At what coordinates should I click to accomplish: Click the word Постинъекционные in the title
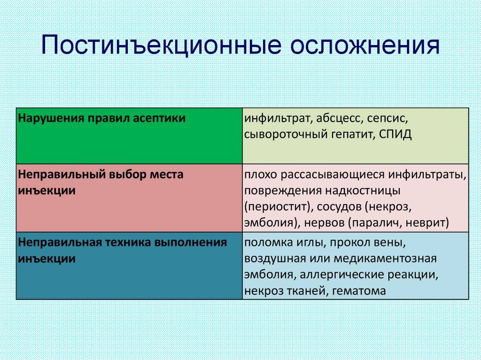(162, 46)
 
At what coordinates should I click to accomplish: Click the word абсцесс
(338, 118)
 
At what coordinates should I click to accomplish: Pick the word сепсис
(388, 119)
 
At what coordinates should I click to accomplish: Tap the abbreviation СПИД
(395, 134)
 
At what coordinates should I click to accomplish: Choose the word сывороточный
(287, 135)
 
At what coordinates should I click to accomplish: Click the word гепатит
(353, 135)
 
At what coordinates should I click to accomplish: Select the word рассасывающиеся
(333, 175)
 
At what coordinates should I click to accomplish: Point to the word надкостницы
(363, 191)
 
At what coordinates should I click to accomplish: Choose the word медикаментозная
(385, 259)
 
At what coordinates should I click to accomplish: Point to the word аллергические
(341, 275)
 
